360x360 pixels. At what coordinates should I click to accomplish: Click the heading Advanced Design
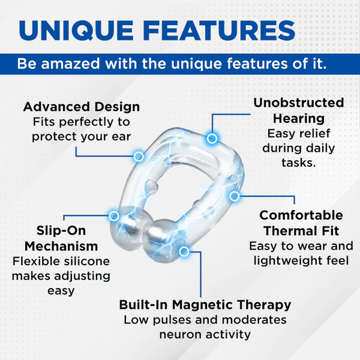[x=82, y=107]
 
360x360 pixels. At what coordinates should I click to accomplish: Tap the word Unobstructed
[x=299, y=103]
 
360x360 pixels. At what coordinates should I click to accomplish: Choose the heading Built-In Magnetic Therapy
[x=205, y=304]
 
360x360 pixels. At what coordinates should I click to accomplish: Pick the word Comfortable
[x=301, y=215]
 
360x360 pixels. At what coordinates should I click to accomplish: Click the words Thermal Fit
[x=301, y=230]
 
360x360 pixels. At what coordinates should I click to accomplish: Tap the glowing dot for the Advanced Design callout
[x=139, y=157]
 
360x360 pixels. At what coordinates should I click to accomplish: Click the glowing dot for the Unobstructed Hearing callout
[x=211, y=139]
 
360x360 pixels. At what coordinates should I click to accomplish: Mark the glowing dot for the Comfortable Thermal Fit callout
[x=235, y=196]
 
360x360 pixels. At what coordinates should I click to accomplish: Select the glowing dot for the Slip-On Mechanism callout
[x=113, y=215]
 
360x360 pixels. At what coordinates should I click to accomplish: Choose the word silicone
[x=85, y=262]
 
